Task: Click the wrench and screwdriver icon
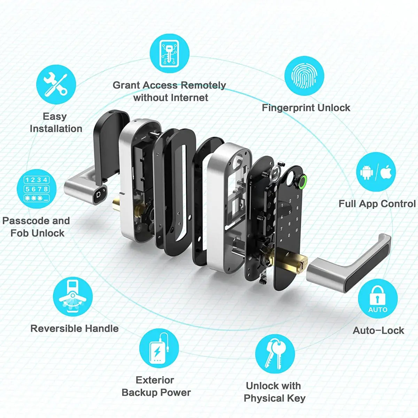(x=56, y=85)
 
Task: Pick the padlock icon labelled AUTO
(x=378, y=299)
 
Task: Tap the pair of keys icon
(x=275, y=354)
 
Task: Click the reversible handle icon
(x=73, y=296)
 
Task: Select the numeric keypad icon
(x=37, y=189)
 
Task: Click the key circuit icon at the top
(x=170, y=53)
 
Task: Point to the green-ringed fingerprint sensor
(x=302, y=181)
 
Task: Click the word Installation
(x=56, y=129)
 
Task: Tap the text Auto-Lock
(x=378, y=330)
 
